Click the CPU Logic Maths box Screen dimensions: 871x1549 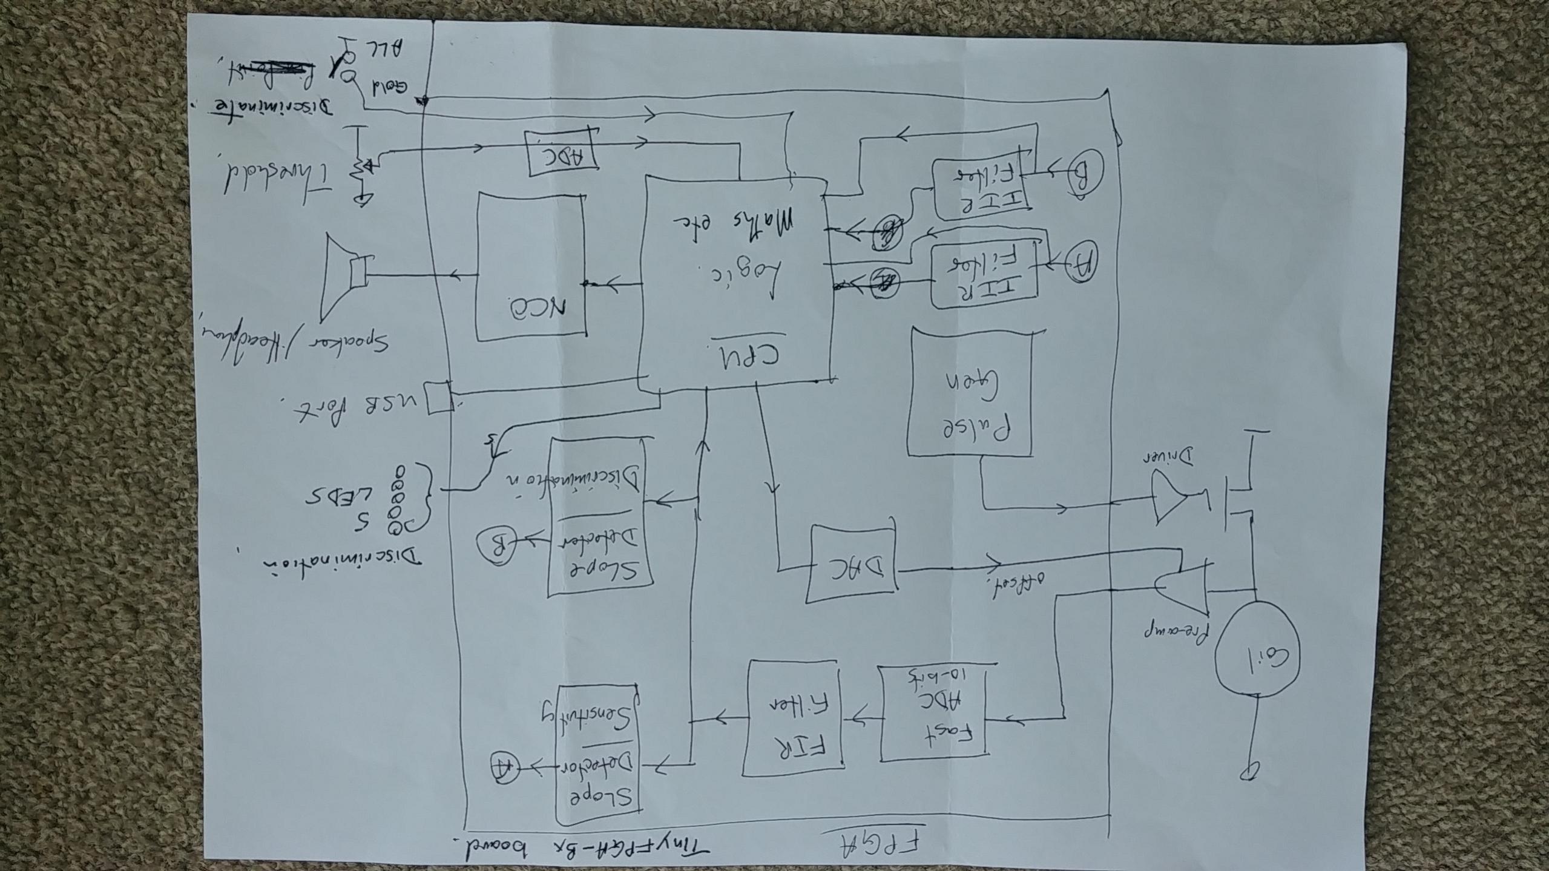[x=735, y=284]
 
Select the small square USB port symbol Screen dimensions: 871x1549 [x=439, y=398]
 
